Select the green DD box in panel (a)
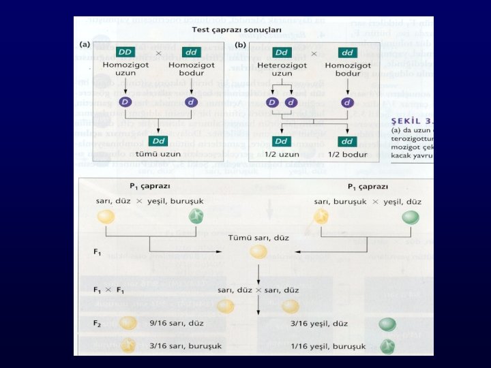click(125, 52)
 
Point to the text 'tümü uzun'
click(159, 153)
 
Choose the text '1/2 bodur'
click(348, 153)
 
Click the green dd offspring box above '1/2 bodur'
click(348, 141)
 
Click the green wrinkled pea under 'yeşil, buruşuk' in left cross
click(196, 217)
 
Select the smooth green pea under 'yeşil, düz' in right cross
click(411, 217)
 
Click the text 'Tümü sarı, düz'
click(257, 236)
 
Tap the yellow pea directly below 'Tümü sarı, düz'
click(257, 251)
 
